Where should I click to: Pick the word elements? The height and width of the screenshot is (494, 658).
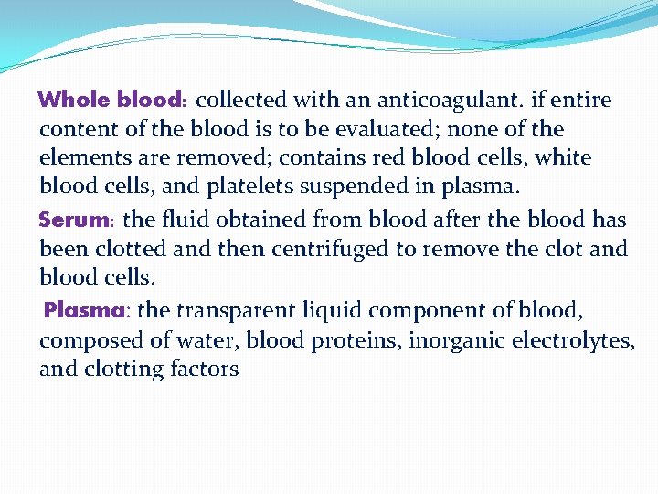80,158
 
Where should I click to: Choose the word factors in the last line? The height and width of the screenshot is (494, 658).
204,369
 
